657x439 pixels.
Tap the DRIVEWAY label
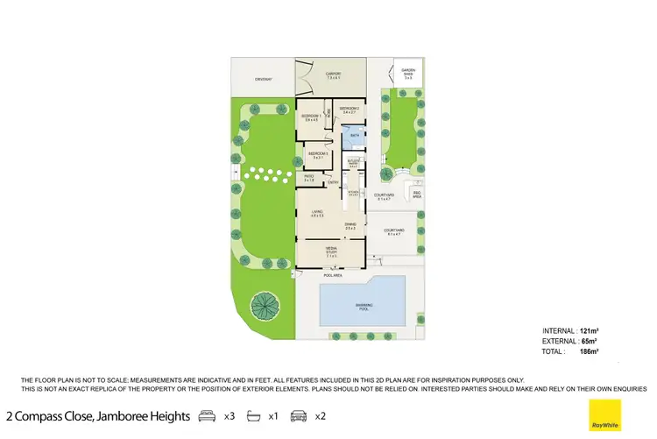[264, 80]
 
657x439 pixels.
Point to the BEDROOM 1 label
[310, 117]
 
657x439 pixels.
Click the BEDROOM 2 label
[350, 110]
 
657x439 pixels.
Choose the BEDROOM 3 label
[316, 155]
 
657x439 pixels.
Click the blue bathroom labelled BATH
[355, 137]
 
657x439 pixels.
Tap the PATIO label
[309, 178]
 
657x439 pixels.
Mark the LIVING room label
[316, 213]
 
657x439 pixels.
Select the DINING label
[350, 225]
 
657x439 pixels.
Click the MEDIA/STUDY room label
[331, 251]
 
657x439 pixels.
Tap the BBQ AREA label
[417, 195]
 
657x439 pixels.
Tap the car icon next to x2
[299, 415]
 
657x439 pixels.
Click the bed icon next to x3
[207, 415]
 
